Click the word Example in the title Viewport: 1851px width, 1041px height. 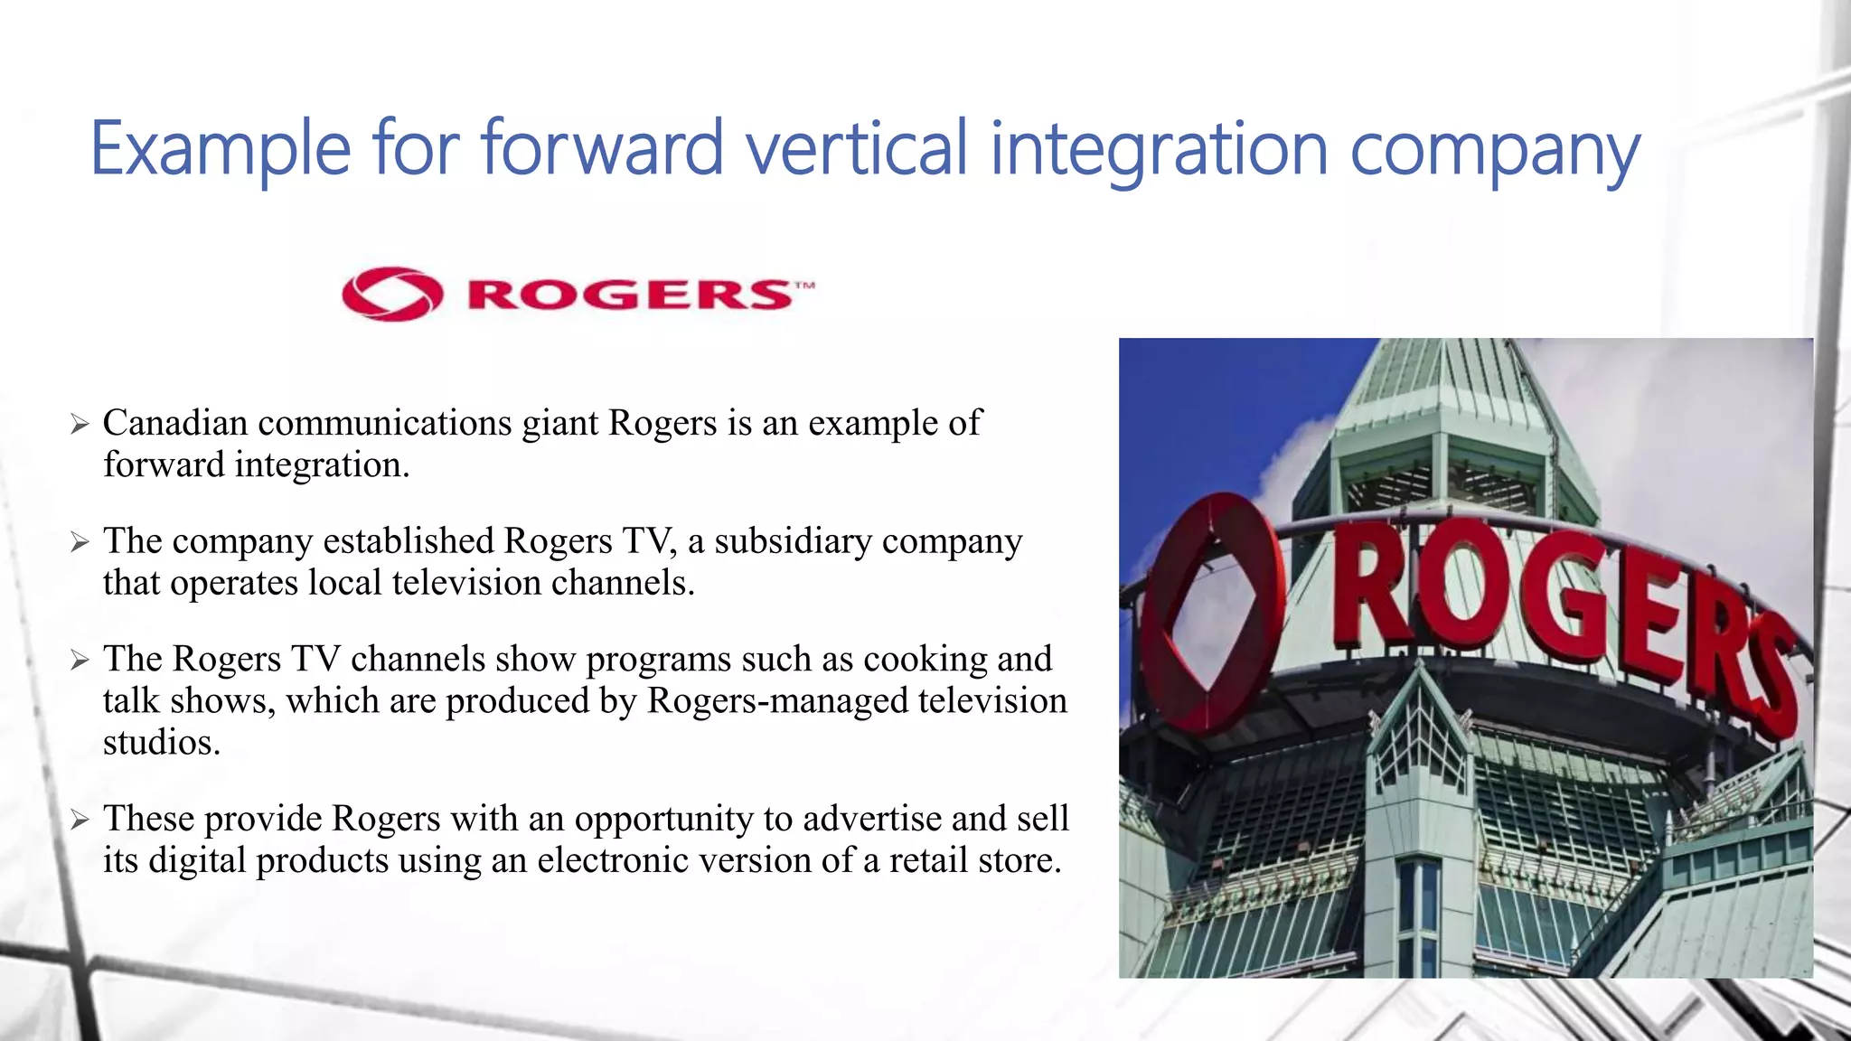pyautogui.click(x=221, y=149)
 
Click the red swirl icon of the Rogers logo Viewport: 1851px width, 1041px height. pyautogui.click(x=392, y=294)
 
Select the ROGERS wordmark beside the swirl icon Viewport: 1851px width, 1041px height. pyautogui.click(x=629, y=295)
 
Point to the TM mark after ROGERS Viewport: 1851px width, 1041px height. pyautogui.click(x=804, y=286)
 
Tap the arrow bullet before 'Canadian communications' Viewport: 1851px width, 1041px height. pyautogui.click(x=80, y=424)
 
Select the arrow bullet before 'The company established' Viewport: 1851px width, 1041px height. pyautogui.click(x=80, y=542)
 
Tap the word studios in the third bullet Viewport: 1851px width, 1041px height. pyautogui.click(x=161, y=743)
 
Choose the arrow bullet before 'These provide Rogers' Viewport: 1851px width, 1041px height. pyautogui.click(x=80, y=820)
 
